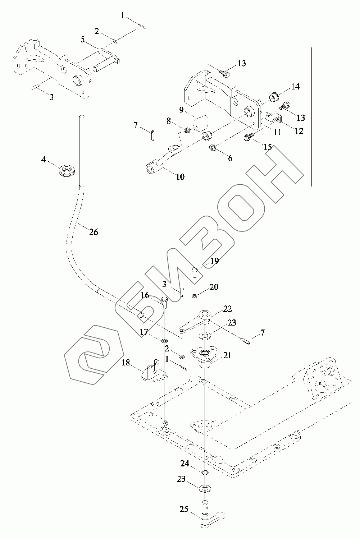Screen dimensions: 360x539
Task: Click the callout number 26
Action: [93, 232]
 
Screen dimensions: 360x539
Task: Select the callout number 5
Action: [83, 39]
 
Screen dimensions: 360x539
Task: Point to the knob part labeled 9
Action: [200, 122]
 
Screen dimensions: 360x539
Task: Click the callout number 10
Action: [180, 176]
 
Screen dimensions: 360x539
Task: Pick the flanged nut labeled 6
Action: [211, 147]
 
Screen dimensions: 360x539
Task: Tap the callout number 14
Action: [295, 87]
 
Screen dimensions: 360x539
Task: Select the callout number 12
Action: [299, 131]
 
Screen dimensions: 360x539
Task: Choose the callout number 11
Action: [277, 132]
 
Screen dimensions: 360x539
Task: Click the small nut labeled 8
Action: [187, 130]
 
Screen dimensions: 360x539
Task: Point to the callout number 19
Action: [214, 261]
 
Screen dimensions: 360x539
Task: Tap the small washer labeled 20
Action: [195, 296]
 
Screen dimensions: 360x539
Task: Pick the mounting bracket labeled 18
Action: [153, 372]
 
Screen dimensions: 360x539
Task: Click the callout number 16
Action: [145, 295]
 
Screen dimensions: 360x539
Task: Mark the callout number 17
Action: [144, 332]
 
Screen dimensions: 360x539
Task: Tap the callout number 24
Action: [185, 464]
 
